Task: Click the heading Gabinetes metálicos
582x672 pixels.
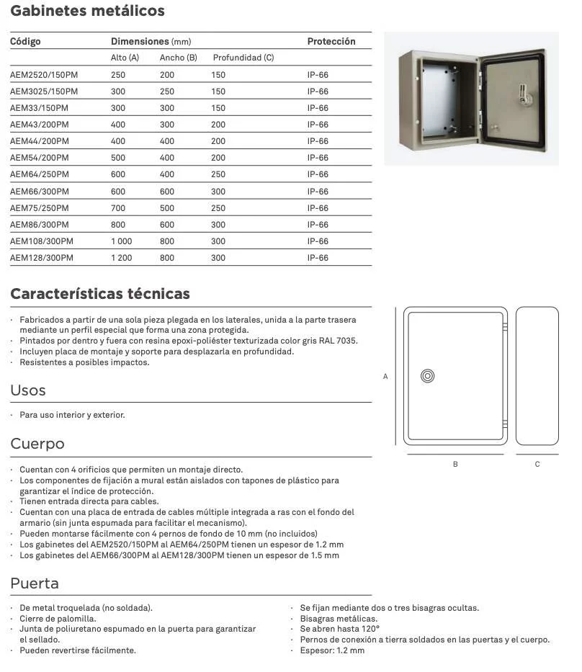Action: (87, 11)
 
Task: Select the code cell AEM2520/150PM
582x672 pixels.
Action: (44, 75)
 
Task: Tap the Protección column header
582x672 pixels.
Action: (331, 42)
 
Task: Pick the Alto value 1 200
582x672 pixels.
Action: (121, 258)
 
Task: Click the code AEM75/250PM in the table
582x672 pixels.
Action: (40, 208)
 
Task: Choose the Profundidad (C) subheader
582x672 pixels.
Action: (243, 58)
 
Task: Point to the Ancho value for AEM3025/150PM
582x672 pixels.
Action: (167, 91)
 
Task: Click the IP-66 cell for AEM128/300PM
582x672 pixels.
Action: (318, 258)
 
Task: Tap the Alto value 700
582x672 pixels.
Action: (118, 208)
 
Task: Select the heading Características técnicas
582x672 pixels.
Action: (100, 294)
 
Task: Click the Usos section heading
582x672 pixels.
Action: (28, 390)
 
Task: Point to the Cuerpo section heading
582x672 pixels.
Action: (37, 444)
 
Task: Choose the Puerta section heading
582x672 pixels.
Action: (35, 583)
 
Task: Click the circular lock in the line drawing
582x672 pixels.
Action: (427, 376)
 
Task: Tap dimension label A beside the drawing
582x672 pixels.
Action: (385, 377)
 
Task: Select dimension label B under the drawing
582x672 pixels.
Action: (455, 465)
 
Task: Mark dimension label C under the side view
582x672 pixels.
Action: (537, 465)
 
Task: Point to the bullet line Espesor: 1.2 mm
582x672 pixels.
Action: (332, 650)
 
